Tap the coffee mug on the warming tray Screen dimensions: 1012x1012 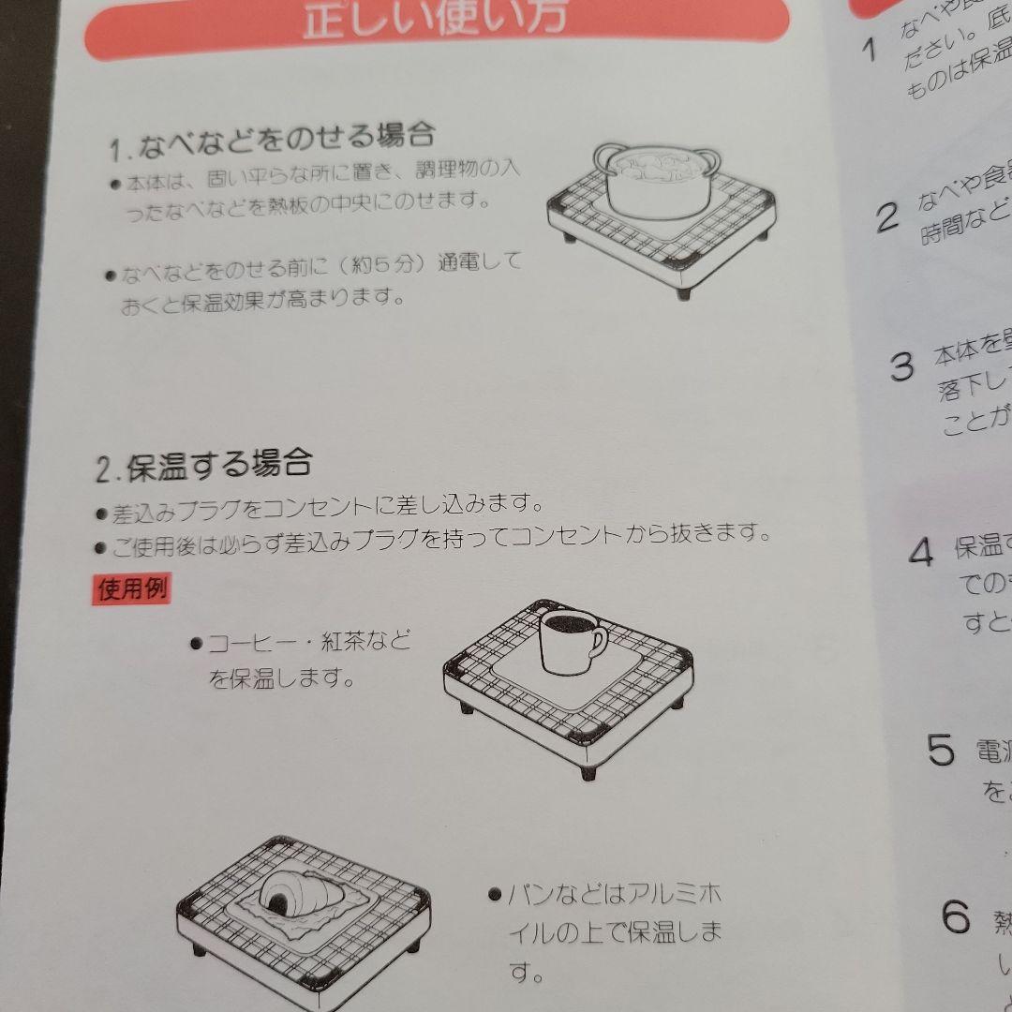pos(569,641)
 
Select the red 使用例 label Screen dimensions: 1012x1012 pos(133,588)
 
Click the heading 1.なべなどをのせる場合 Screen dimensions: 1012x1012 pos(272,141)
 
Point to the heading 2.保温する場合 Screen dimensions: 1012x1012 pos(203,466)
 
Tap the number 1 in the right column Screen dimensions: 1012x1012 pos(869,49)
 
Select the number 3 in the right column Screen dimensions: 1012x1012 pos(901,366)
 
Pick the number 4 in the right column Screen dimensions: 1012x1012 pos(920,552)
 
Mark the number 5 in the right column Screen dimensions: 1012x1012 pos(941,750)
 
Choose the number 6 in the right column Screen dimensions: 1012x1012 pos(956,916)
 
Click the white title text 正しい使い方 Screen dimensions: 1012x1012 pos(435,19)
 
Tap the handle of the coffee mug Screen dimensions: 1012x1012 pos(598,641)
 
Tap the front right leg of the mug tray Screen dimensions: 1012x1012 pos(588,771)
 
